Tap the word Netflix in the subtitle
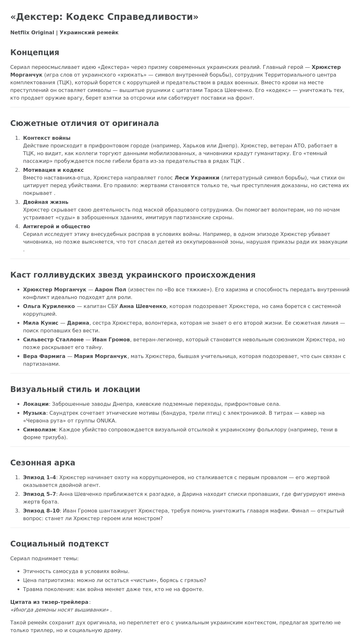(20, 33)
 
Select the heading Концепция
(35, 53)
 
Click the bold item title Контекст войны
(47, 138)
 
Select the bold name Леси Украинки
(197, 178)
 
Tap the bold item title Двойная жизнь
(45, 202)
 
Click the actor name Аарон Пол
(110, 290)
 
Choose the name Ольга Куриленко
(49, 306)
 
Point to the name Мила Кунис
(41, 323)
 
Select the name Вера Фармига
(44, 356)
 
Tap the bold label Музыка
(35, 413)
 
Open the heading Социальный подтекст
(60, 544)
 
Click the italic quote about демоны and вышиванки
(60, 610)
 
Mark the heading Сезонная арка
(43, 463)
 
